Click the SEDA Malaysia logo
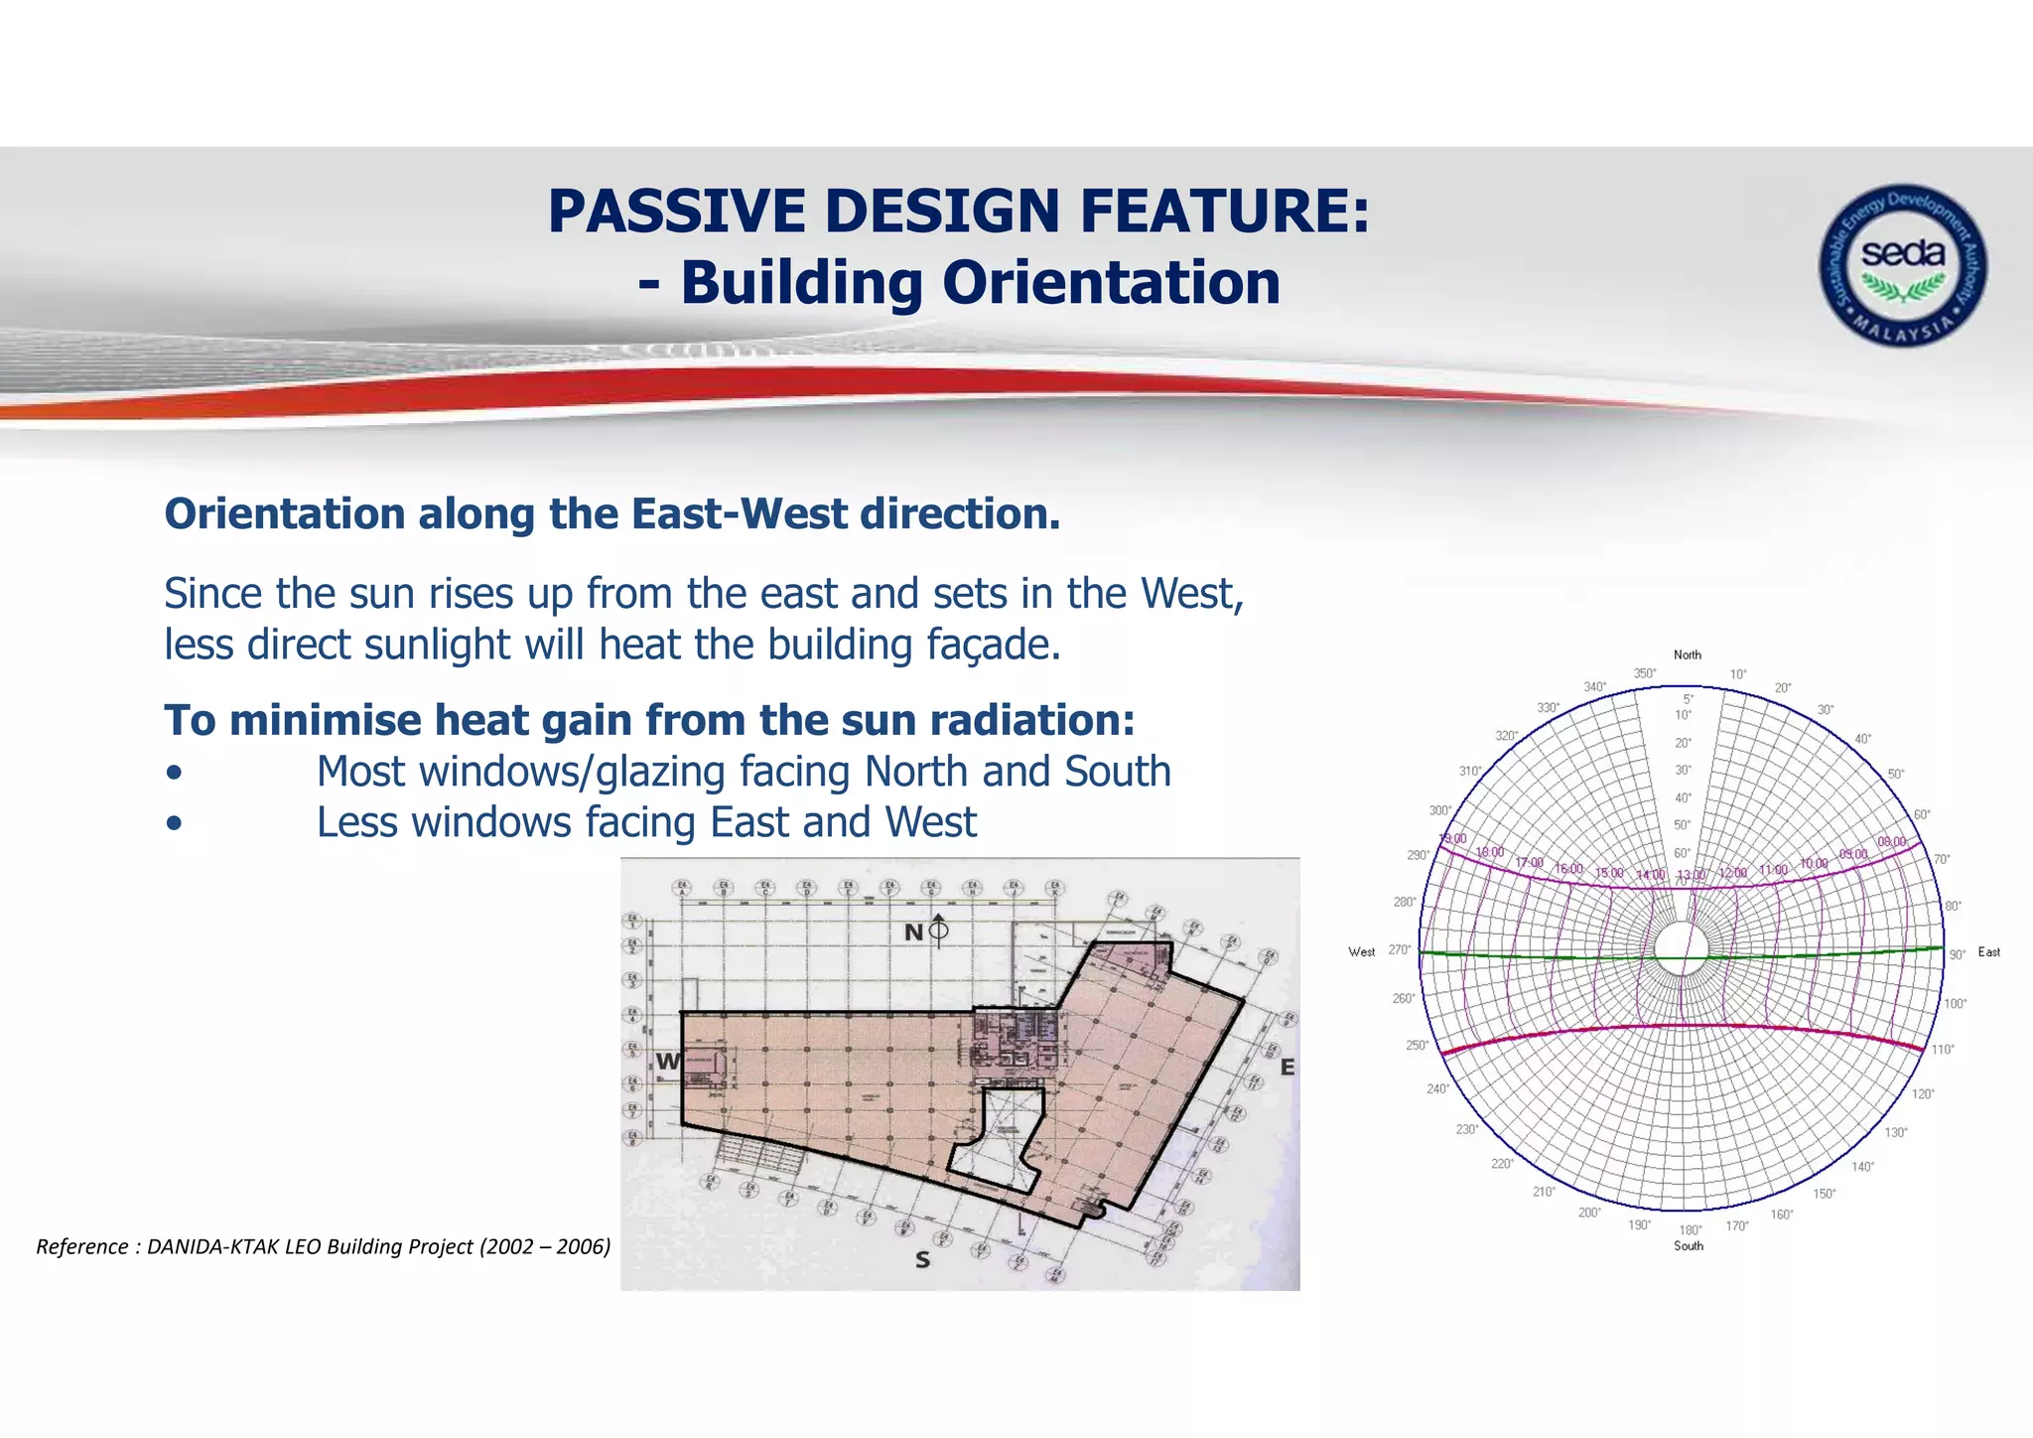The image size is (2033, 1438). coord(1902,264)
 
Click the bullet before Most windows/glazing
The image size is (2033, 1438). coord(175,774)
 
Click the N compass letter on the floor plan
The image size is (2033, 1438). coord(913,933)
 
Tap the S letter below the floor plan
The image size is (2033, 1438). coord(922,1260)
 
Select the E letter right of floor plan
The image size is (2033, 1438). coord(1288,1068)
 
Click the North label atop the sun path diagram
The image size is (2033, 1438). coord(1687,655)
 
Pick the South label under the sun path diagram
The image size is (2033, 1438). coord(1688,1246)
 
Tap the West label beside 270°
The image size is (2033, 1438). coord(1361,952)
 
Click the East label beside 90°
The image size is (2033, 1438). coord(1988,952)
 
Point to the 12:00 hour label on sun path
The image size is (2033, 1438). coord(1732,872)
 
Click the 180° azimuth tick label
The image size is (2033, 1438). coord(1690,1230)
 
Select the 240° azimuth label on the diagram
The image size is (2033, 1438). coord(1437,1089)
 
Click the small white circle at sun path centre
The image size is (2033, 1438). coord(1681,946)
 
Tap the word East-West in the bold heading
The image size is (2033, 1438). coord(739,514)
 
